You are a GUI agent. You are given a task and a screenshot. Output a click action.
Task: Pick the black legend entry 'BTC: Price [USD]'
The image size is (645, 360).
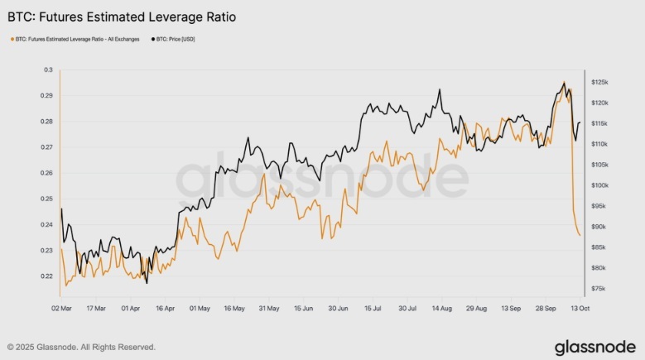point(183,39)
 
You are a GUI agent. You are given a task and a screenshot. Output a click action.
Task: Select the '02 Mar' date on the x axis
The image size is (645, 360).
point(61,308)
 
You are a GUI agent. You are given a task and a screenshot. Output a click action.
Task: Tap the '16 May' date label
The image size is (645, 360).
point(234,308)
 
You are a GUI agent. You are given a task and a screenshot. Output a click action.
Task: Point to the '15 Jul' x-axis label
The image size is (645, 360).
point(372,308)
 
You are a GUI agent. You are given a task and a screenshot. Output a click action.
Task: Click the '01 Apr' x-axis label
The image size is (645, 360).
point(131,308)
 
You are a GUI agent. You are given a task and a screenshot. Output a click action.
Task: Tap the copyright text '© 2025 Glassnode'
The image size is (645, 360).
point(81,347)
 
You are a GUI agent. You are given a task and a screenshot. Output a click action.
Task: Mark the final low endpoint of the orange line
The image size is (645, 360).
point(580,236)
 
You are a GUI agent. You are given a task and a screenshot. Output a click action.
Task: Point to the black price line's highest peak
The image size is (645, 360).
point(563,83)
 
